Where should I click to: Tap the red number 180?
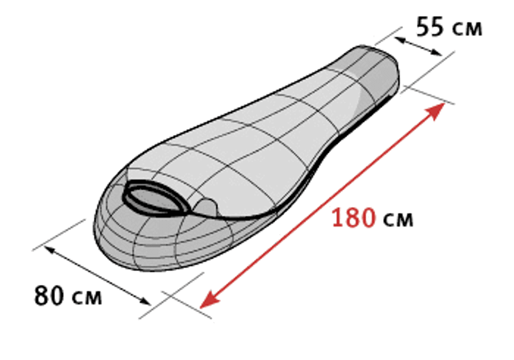click(354, 218)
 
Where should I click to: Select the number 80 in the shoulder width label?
click(49, 295)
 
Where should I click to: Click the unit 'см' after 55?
click(467, 29)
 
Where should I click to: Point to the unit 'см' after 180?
click(398, 220)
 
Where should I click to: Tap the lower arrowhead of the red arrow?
click(209, 299)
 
